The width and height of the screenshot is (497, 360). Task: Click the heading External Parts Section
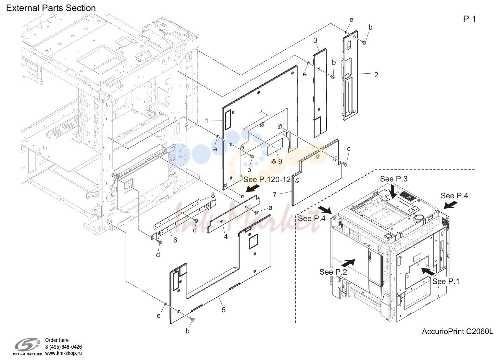tap(51, 8)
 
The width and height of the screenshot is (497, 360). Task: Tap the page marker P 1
tap(469, 19)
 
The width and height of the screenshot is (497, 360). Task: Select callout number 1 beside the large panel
tap(207, 121)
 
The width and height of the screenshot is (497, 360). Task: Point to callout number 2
tap(376, 75)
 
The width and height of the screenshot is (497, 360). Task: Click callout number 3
tap(315, 41)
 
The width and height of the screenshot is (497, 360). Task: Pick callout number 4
tap(226, 237)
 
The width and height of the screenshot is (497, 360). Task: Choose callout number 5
tap(224, 310)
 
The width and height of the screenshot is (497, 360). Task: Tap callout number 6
tap(175, 240)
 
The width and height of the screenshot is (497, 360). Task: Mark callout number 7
tap(275, 195)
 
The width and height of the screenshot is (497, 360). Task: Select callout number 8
tap(213, 195)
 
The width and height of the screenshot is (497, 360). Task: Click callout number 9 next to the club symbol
tap(280, 161)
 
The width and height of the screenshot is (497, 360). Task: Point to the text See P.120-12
tap(267, 180)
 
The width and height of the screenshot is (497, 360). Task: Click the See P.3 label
tap(394, 179)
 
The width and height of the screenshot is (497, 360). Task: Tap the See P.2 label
tap(333, 272)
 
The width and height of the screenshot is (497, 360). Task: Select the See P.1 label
tap(446, 281)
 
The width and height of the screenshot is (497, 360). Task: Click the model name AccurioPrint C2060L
tap(457, 331)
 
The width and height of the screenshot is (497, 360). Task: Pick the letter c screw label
tap(349, 149)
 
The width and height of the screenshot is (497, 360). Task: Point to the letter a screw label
tap(270, 208)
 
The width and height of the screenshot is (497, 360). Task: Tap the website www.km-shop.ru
tap(63, 353)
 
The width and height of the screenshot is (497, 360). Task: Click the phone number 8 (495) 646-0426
tap(63, 347)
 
